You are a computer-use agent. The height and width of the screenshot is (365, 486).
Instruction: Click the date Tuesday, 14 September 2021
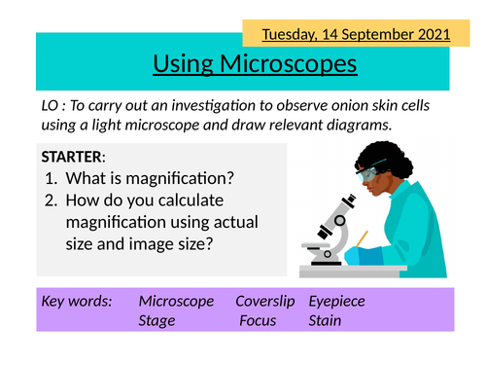click(x=357, y=34)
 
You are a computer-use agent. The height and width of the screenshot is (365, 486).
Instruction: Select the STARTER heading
click(x=74, y=156)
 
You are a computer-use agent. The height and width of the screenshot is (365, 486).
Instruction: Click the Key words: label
click(x=76, y=301)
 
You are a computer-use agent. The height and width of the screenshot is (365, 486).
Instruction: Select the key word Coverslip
click(x=265, y=301)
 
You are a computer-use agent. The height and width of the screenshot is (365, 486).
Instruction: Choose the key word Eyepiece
click(x=336, y=301)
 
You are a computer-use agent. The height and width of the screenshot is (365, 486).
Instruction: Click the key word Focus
click(x=260, y=320)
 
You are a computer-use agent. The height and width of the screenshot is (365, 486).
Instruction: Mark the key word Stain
click(x=325, y=320)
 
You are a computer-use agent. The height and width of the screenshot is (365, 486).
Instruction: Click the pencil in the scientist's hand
click(x=362, y=237)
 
